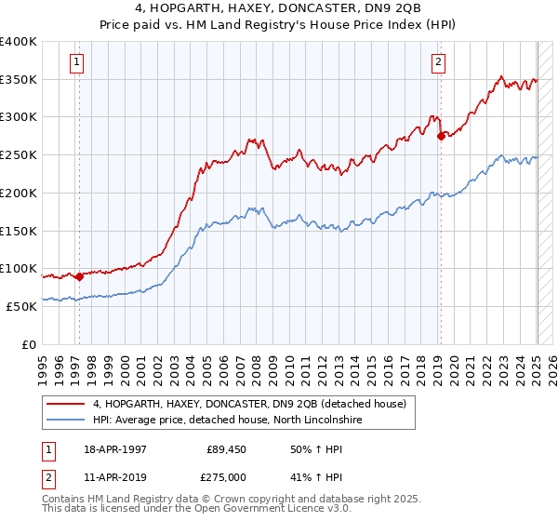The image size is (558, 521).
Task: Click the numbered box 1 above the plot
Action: click(x=76, y=63)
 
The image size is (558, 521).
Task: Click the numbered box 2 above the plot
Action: click(x=438, y=63)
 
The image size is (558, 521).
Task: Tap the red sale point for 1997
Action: click(x=80, y=275)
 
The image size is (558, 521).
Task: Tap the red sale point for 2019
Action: click(x=441, y=136)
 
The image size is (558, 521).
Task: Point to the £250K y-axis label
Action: click(x=19, y=154)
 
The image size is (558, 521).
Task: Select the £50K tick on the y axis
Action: click(x=20, y=305)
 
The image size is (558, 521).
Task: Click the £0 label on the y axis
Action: click(x=30, y=343)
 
